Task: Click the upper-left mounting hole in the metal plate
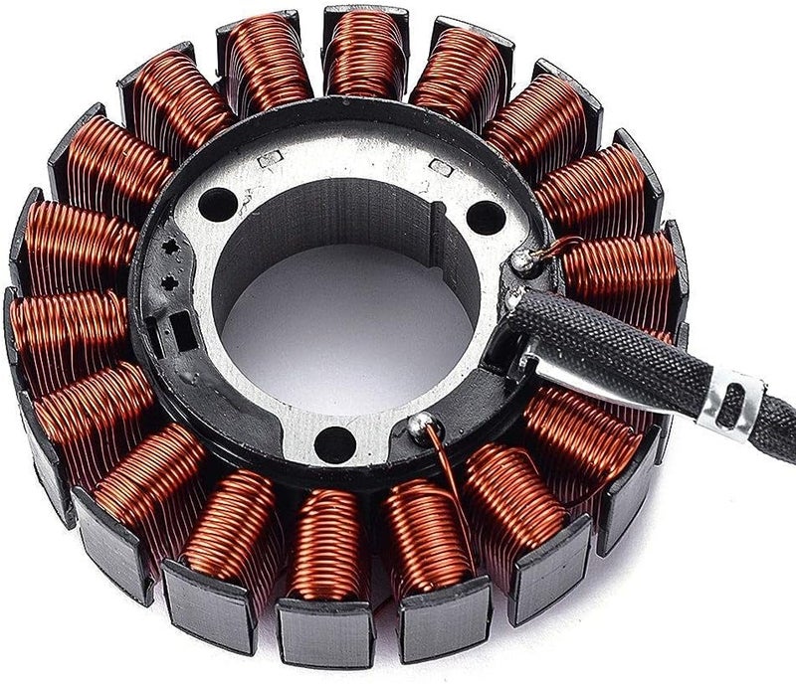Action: pos(217,205)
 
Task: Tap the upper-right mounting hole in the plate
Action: pos(485,216)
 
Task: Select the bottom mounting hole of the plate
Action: pos(335,444)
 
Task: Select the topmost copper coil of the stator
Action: pos(364,55)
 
